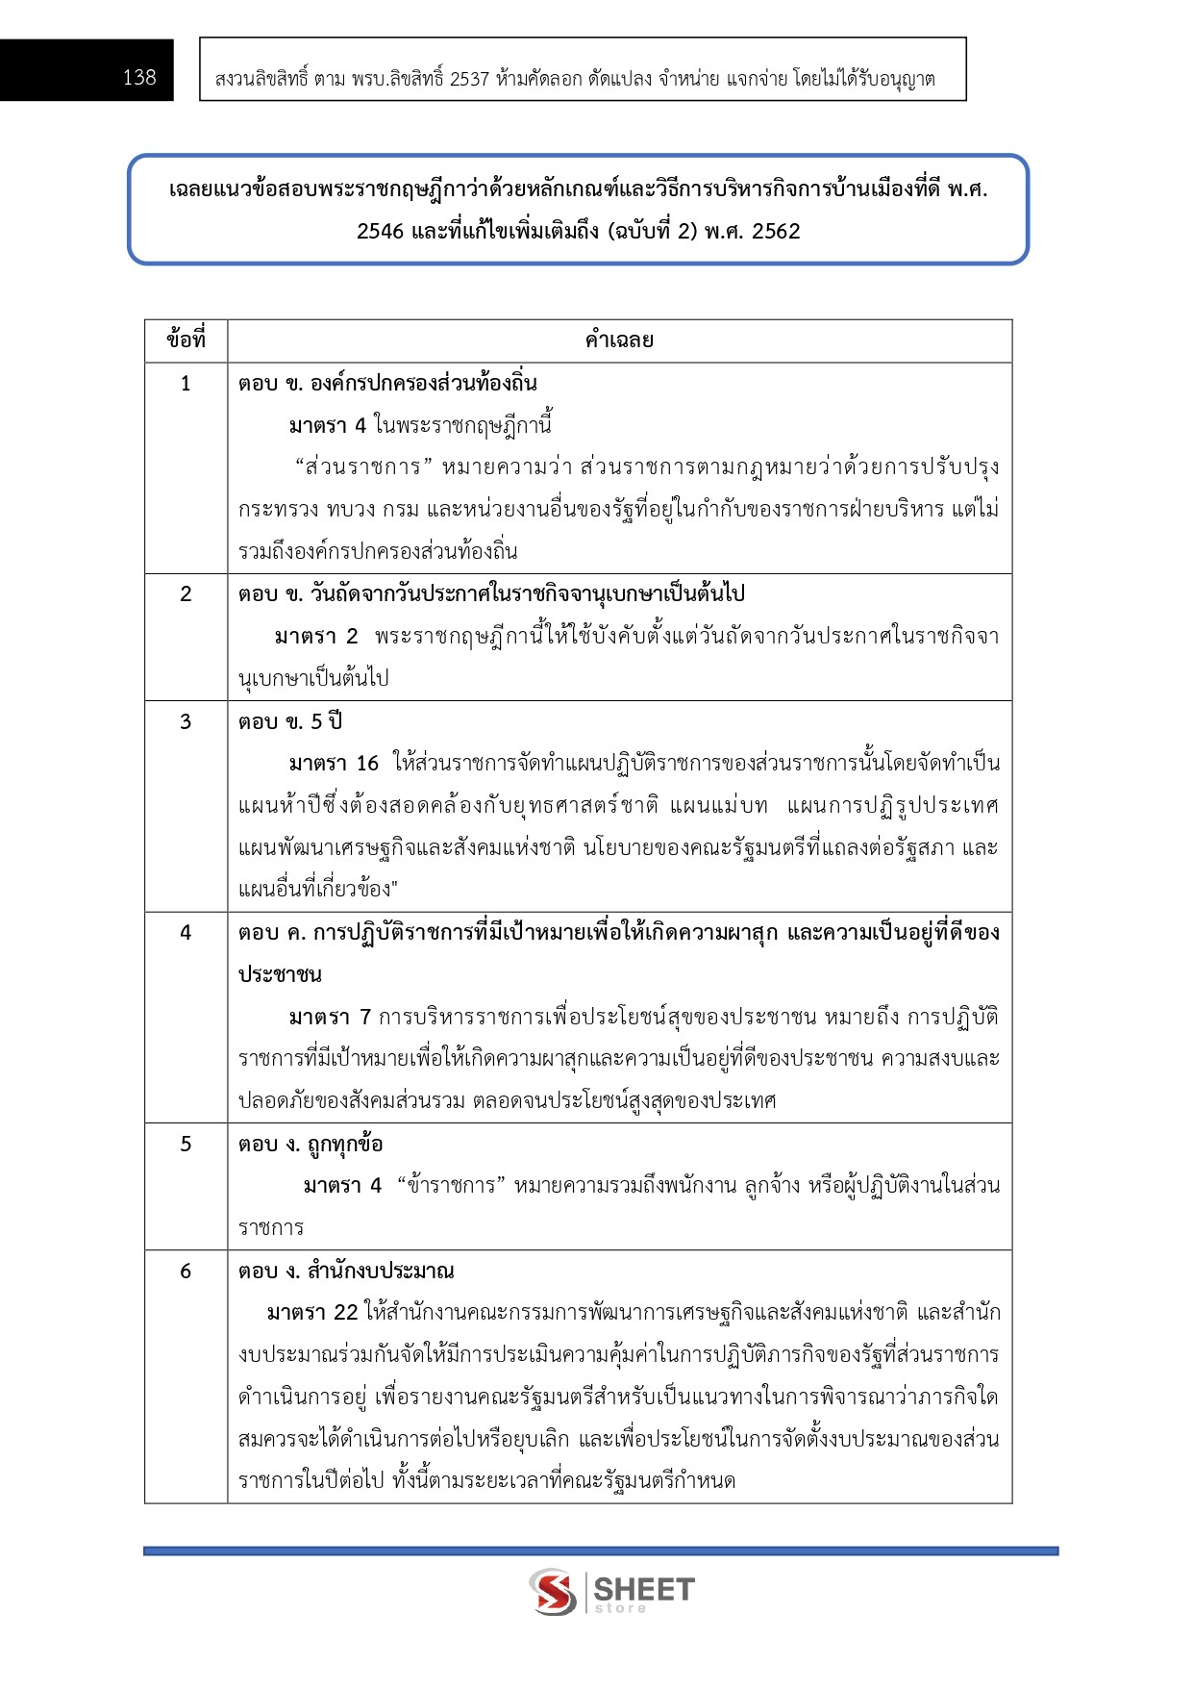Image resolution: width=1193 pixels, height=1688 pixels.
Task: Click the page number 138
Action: tap(139, 78)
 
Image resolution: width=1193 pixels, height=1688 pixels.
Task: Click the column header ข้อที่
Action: tap(186, 340)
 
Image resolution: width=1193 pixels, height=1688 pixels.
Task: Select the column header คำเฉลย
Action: tap(619, 340)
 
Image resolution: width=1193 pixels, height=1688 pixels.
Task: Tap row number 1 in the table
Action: tap(186, 384)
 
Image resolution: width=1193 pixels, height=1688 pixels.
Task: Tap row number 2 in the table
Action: tap(186, 594)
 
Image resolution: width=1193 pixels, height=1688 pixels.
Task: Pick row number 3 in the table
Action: tap(186, 721)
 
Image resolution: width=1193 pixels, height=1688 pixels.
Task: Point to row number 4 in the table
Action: tap(186, 932)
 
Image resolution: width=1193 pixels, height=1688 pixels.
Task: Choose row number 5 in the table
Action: tap(186, 1144)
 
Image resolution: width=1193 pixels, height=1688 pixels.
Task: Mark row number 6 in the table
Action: tap(186, 1271)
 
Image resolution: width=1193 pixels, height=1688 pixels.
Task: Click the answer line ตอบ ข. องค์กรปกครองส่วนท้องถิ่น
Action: tap(387, 384)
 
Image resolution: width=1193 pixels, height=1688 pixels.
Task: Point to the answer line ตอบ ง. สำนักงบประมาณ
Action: tap(346, 1271)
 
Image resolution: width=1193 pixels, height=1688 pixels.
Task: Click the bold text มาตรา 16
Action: tap(334, 764)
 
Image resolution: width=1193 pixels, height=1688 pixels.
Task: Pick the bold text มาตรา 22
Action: tap(312, 1312)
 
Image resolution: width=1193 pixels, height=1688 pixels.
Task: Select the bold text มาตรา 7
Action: tap(330, 1017)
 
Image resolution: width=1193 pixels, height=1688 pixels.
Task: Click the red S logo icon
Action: tap(553, 1591)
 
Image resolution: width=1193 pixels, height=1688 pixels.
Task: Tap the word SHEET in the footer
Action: tap(644, 1588)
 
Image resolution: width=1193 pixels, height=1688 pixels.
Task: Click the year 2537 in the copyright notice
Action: tap(469, 79)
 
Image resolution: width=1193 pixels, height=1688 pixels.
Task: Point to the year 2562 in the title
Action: tap(776, 231)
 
